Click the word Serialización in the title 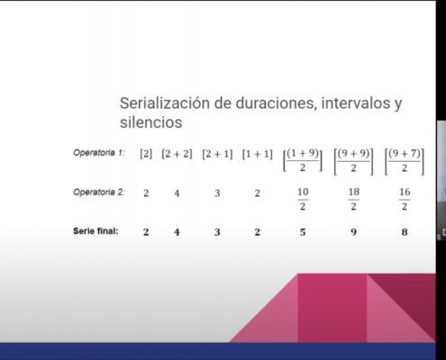[165, 103]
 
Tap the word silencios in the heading [151, 122]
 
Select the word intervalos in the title [354, 103]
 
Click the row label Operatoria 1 [99, 153]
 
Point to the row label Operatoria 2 [99, 192]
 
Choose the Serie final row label [96, 231]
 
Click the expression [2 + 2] [177, 154]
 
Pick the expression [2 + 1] [217, 154]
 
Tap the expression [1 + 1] [258, 154]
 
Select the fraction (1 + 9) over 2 [303, 161]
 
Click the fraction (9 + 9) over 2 [354, 161]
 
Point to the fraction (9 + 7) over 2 [405, 161]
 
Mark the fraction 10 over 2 [303, 199]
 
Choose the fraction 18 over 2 [354, 199]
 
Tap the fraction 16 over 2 [405, 199]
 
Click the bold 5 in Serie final [303, 232]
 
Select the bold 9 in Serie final [354, 232]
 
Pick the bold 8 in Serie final [405, 232]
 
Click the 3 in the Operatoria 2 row [217, 193]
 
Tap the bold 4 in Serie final [177, 232]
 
